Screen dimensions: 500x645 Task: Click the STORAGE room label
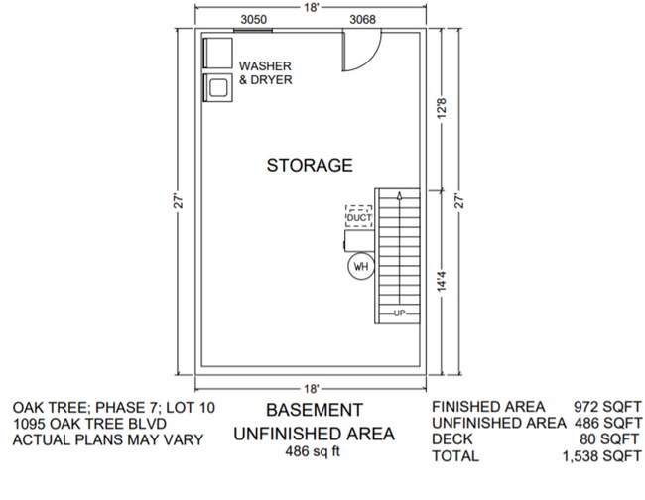coord(309,165)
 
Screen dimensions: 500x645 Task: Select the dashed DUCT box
coord(358,217)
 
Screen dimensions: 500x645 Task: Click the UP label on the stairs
coord(399,313)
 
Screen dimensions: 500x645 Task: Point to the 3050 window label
coord(254,19)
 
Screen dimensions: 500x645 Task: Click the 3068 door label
coord(361,19)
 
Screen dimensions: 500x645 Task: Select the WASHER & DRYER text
coord(265,73)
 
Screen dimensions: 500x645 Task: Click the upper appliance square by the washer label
coord(216,52)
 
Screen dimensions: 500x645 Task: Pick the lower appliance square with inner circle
coord(216,87)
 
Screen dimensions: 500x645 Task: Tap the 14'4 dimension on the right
coord(440,281)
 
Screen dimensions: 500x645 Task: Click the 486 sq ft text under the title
coord(314,452)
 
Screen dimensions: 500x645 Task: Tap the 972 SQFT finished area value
coord(607,406)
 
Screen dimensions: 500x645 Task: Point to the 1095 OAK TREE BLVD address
coord(81,423)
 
